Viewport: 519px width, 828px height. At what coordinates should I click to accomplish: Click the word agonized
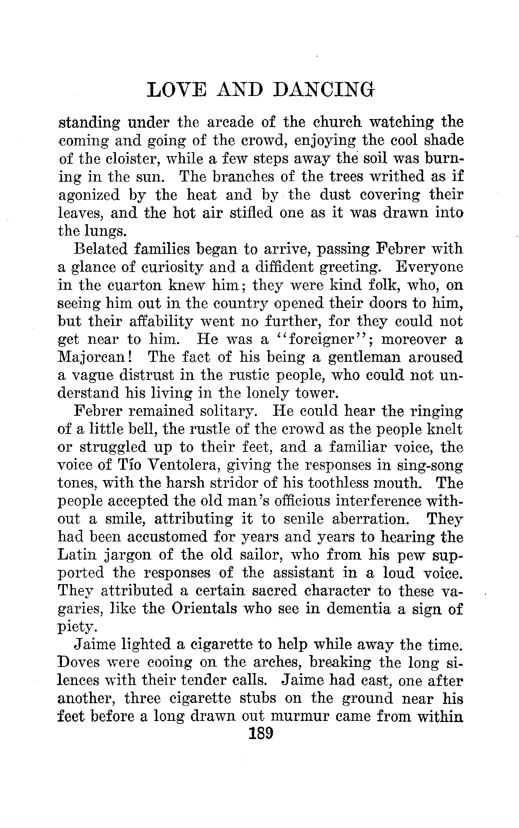[x=89, y=196]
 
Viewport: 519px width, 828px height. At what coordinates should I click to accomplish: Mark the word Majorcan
[x=94, y=358]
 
